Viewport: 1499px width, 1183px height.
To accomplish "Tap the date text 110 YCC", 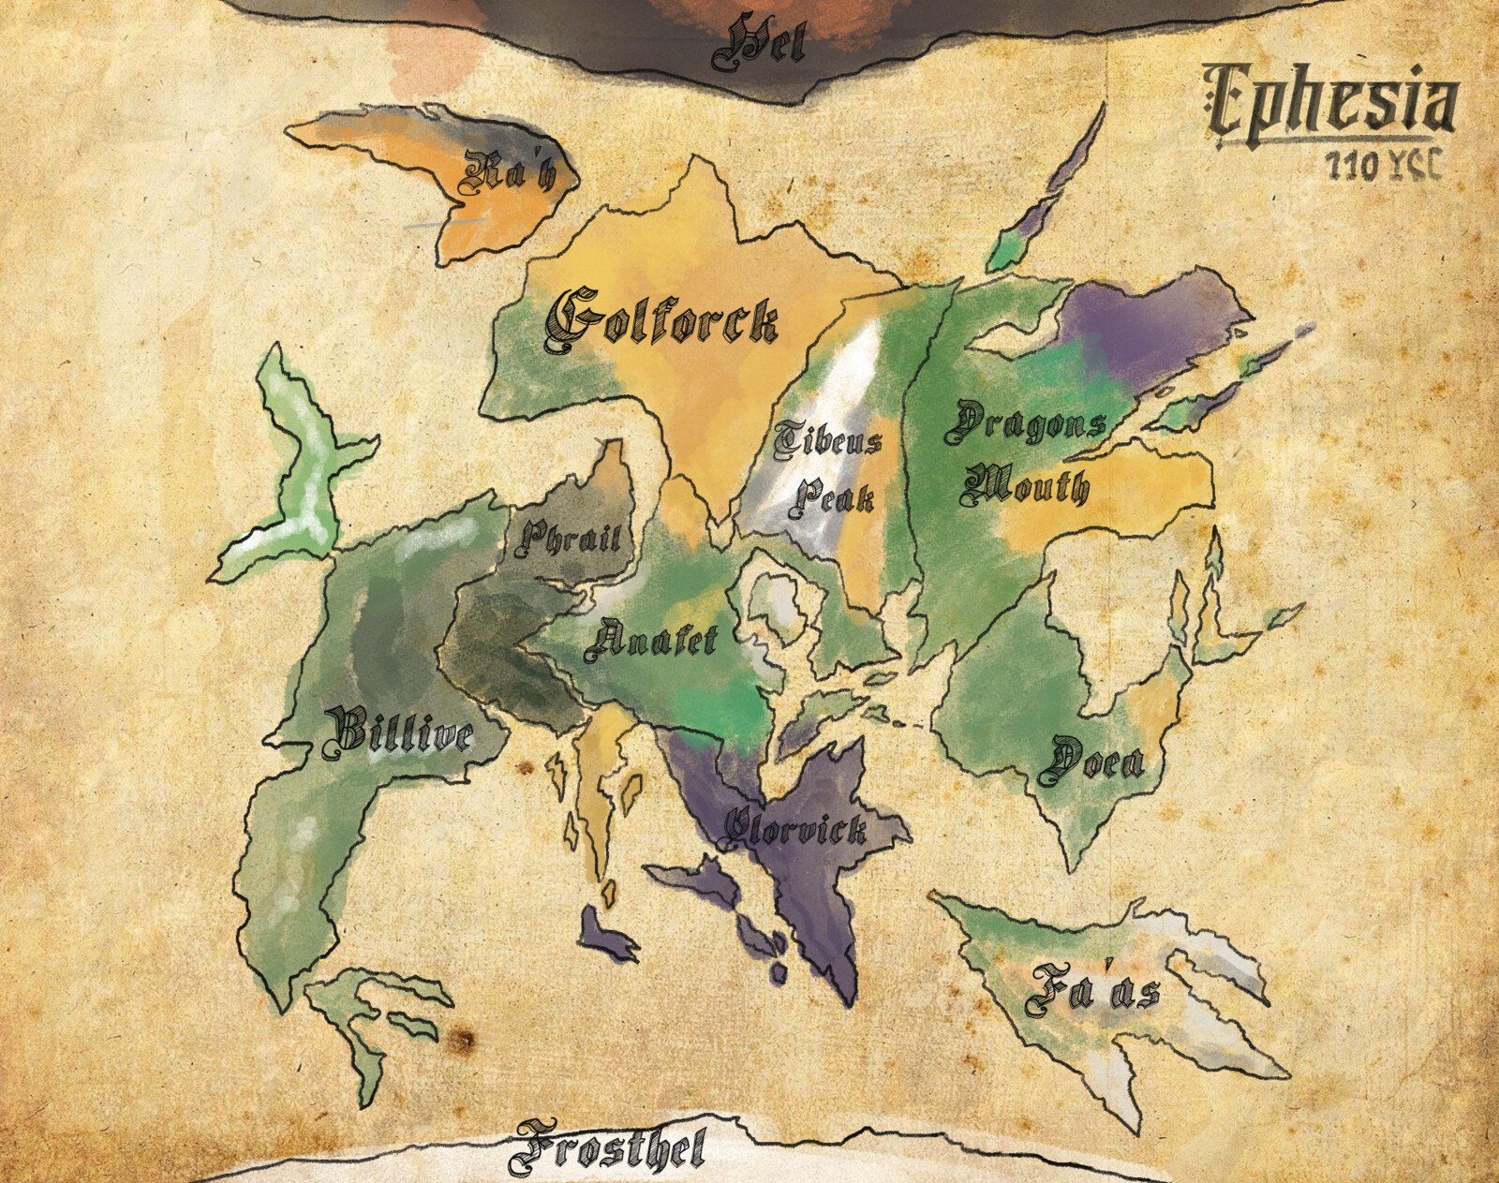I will click(x=1383, y=166).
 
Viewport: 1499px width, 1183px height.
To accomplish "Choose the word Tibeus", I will click(x=828, y=440).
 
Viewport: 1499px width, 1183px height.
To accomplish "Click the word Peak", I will click(x=832, y=496).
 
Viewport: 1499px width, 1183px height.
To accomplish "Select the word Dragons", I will click(x=1025, y=423).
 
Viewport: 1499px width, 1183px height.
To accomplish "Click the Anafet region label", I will click(x=650, y=642).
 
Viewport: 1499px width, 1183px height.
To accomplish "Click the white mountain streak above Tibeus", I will click(x=857, y=375).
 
